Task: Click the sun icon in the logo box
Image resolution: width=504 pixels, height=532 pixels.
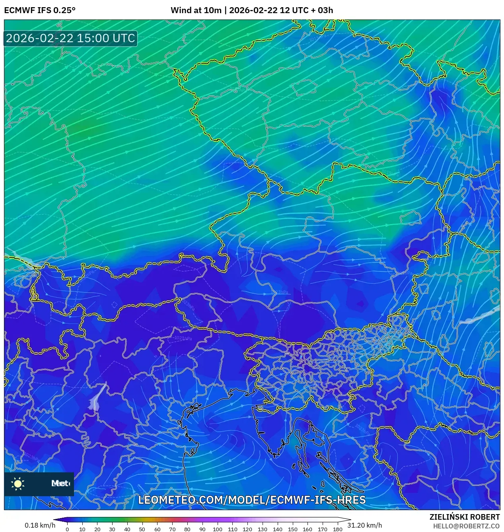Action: (18, 483)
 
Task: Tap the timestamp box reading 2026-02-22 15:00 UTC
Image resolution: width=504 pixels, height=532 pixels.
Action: (70, 38)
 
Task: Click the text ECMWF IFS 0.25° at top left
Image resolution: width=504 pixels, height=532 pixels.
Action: (40, 10)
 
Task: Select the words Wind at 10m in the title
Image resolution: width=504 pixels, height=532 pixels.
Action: (196, 10)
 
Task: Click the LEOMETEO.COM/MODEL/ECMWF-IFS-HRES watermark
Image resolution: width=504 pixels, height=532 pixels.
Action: (252, 500)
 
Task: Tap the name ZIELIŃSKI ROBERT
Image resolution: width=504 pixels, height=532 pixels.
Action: (464, 517)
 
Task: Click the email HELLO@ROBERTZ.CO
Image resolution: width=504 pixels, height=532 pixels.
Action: (466, 526)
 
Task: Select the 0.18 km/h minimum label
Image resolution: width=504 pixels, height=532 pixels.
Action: (40, 525)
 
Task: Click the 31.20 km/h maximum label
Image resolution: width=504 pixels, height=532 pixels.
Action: (364, 525)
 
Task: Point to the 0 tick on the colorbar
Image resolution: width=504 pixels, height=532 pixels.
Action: (67, 529)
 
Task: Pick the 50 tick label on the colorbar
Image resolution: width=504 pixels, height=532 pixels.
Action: (142, 529)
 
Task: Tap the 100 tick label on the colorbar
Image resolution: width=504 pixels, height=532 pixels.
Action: (217, 529)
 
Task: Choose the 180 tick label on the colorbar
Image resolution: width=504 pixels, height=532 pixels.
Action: (337, 529)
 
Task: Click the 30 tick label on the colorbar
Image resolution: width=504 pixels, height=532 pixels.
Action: (112, 529)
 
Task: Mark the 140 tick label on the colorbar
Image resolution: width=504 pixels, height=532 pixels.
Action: (277, 529)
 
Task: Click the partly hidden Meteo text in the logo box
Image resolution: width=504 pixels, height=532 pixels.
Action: (60, 483)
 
